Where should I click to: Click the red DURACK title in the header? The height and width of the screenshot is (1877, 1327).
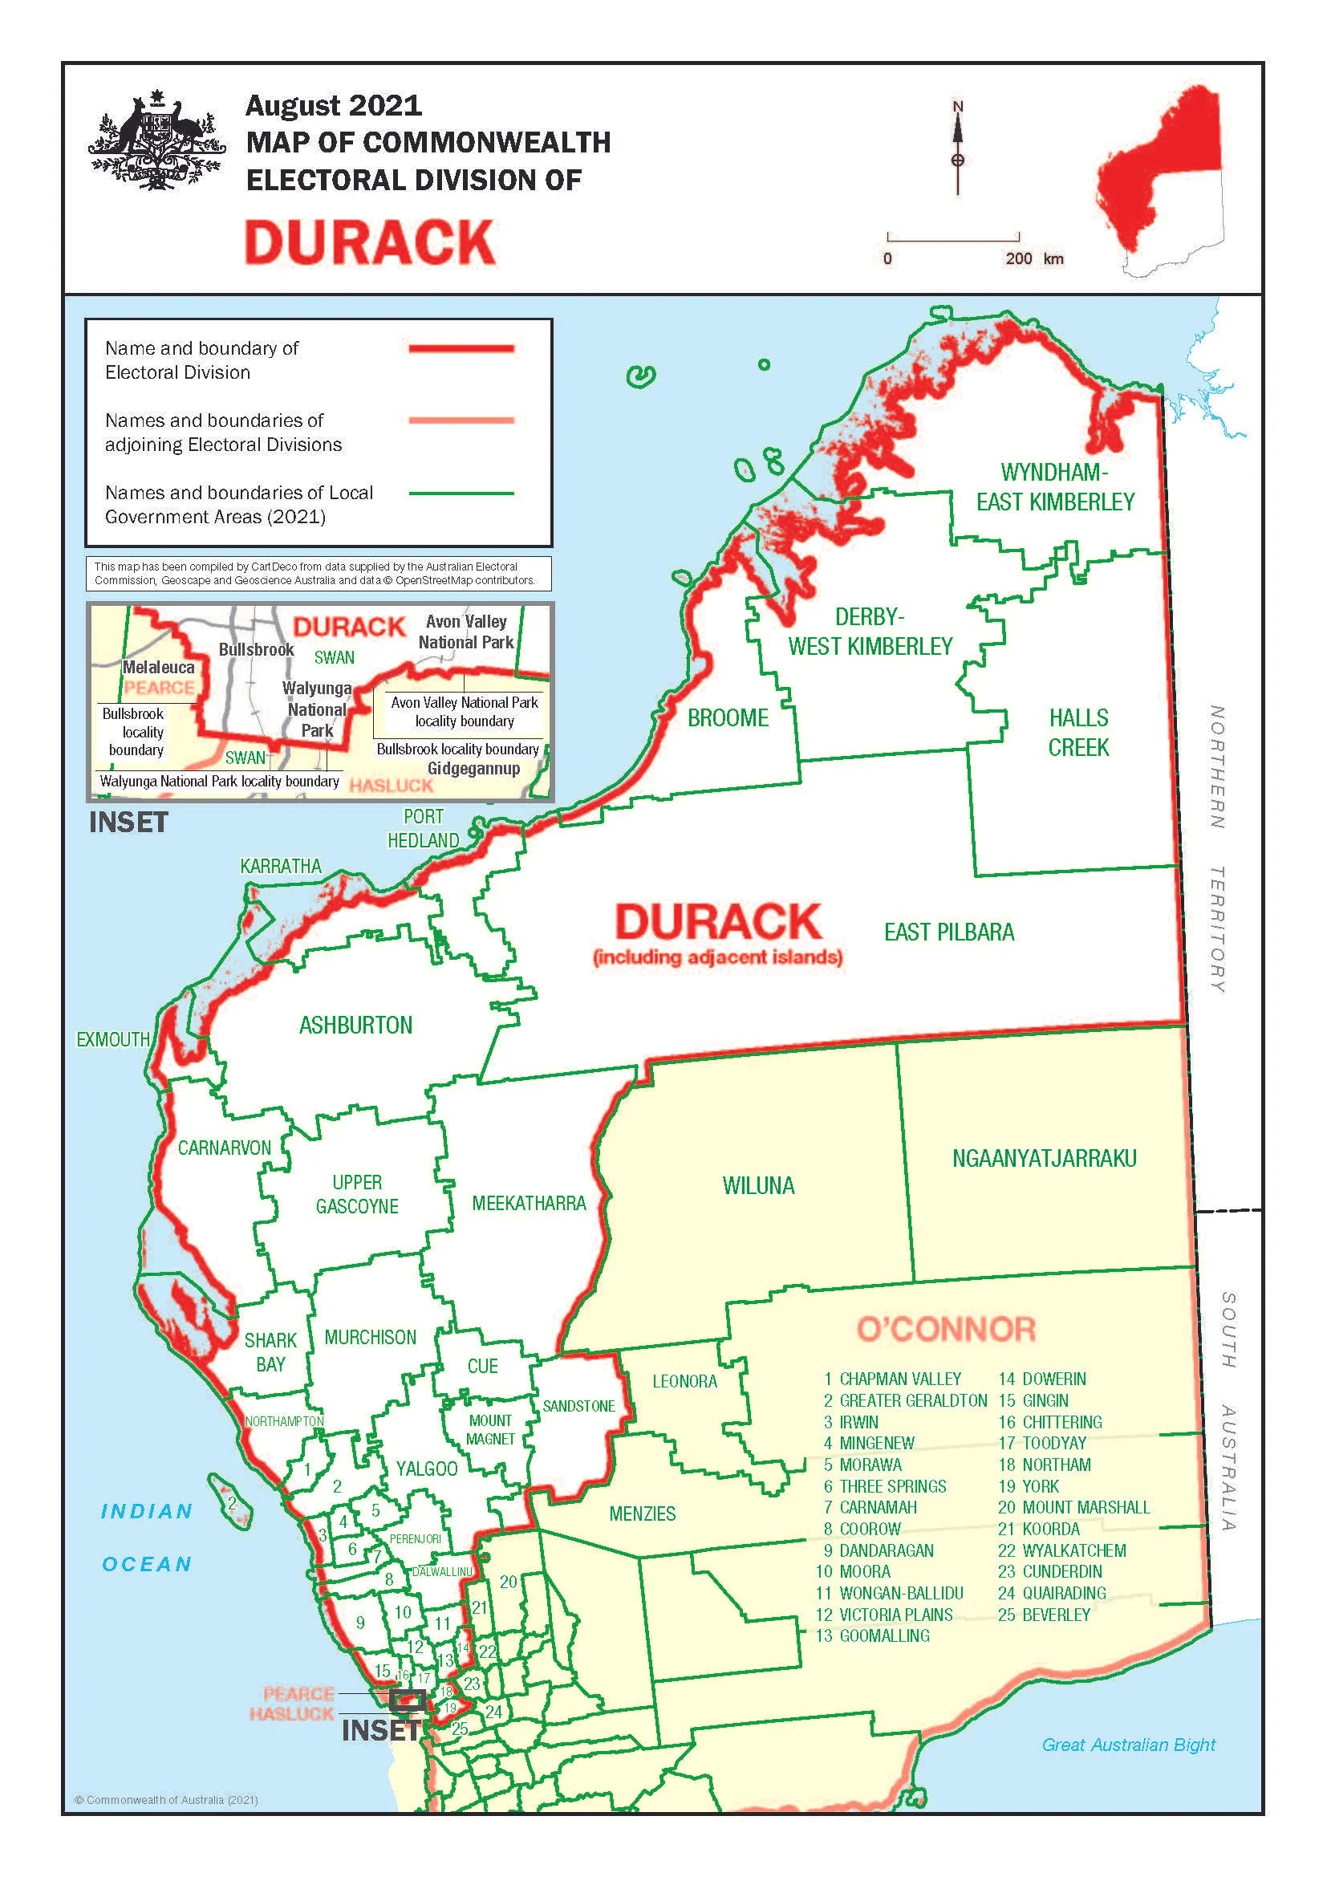pyautogui.click(x=369, y=243)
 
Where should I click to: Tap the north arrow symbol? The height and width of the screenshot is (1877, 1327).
pyautogui.click(x=958, y=147)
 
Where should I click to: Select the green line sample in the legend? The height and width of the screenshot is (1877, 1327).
pyautogui.click(x=461, y=494)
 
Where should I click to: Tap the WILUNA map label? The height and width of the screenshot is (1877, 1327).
pyautogui.click(x=757, y=1186)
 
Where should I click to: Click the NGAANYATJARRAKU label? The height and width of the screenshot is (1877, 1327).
pyautogui.click(x=1044, y=1159)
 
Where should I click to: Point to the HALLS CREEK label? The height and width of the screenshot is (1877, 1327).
pyautogui.click(x=1078, y=733)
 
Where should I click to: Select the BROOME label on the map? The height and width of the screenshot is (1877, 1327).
pyautogui.click(x=727, y=717)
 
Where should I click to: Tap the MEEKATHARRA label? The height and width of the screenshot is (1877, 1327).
pyautogui.click(x=529, y=1204)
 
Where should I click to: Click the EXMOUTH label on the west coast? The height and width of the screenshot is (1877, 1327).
pyautogui.click(x=113, y=1039)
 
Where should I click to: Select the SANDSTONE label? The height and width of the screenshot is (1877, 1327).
pyautogui.click(x=578, y=1406)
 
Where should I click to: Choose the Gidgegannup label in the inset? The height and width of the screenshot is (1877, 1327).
pyautogui.click(x=473, y=769)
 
